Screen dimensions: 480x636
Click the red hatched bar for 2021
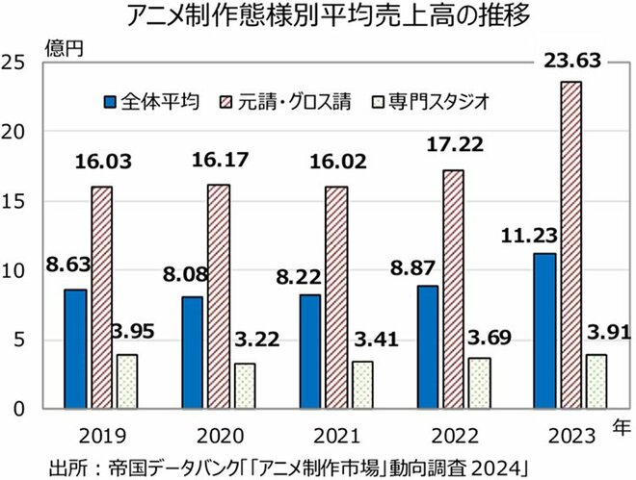[x=337, y=297]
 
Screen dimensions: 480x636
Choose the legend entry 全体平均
[x=155, y=100]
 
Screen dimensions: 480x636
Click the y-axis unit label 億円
[x=58, y=44]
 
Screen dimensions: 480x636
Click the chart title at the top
[x=317, y=17]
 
